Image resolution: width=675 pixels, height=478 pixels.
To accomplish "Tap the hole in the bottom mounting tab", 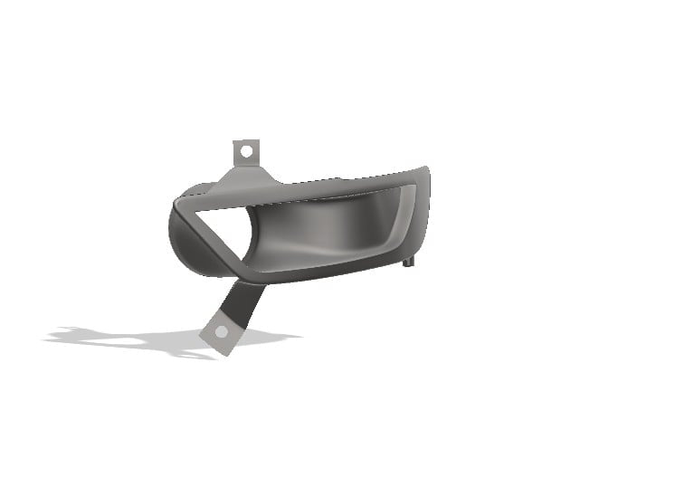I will coord(221,332).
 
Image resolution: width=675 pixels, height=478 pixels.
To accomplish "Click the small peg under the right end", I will coord(411,262).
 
